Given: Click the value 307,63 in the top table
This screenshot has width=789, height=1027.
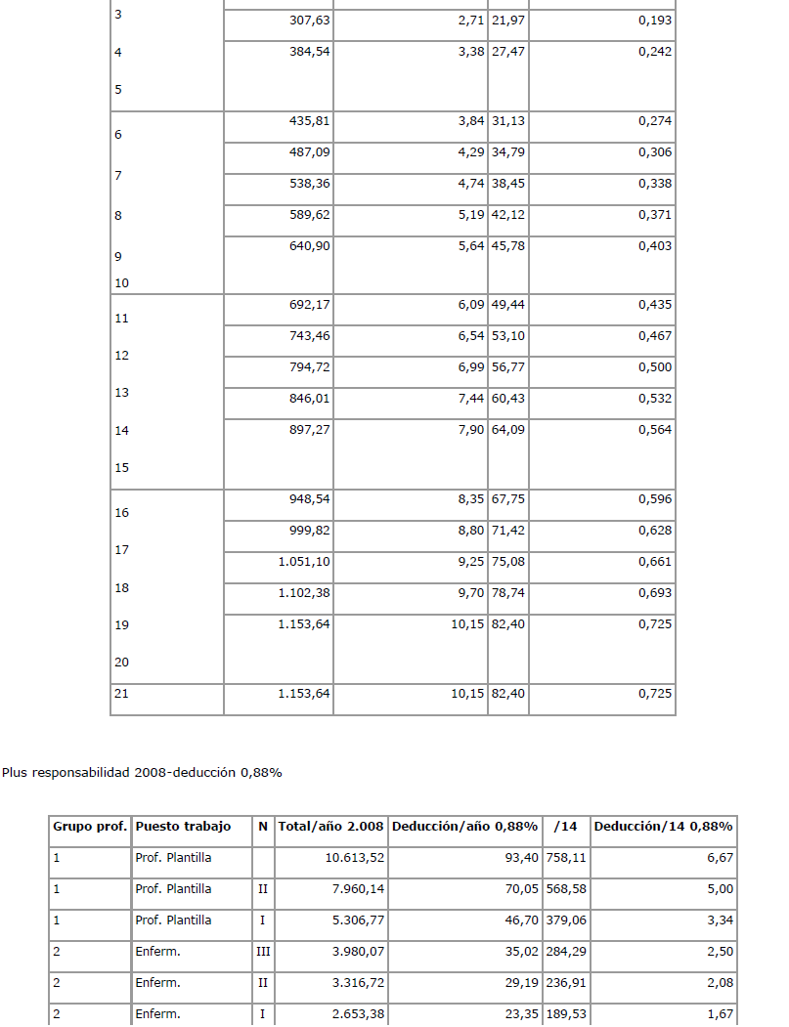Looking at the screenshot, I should point(310,21).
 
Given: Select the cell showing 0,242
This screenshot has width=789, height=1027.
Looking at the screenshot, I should point(654,52).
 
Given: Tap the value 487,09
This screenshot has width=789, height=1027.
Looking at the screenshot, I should point(310,153).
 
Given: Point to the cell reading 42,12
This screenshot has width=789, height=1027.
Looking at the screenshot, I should point(508,216).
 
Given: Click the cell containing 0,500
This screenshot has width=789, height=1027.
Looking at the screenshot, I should point(654,367).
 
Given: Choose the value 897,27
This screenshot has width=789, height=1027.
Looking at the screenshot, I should point(310,430).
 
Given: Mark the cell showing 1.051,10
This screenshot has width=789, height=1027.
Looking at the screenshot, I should point(304,562).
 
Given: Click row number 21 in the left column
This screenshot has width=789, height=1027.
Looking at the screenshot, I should point(121,695).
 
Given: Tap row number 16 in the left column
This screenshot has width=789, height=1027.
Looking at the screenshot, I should point(121,513).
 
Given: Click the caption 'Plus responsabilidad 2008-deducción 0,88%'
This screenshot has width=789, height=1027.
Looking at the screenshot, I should point(142,773).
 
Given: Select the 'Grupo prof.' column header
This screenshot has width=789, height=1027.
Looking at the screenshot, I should point(90,827).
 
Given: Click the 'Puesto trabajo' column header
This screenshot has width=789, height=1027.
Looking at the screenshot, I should point(183,827).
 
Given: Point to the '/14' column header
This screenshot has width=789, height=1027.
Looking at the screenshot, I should point(565,827).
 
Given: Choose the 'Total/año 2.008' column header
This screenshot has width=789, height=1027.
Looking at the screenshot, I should point(331,827).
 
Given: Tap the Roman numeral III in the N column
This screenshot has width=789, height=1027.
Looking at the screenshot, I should point(262,952).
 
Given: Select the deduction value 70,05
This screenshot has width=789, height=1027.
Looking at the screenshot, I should point(518,889).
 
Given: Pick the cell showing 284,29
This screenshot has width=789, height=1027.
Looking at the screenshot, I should point(567,952).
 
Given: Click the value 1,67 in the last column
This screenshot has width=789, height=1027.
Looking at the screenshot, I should point(718,1014).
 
